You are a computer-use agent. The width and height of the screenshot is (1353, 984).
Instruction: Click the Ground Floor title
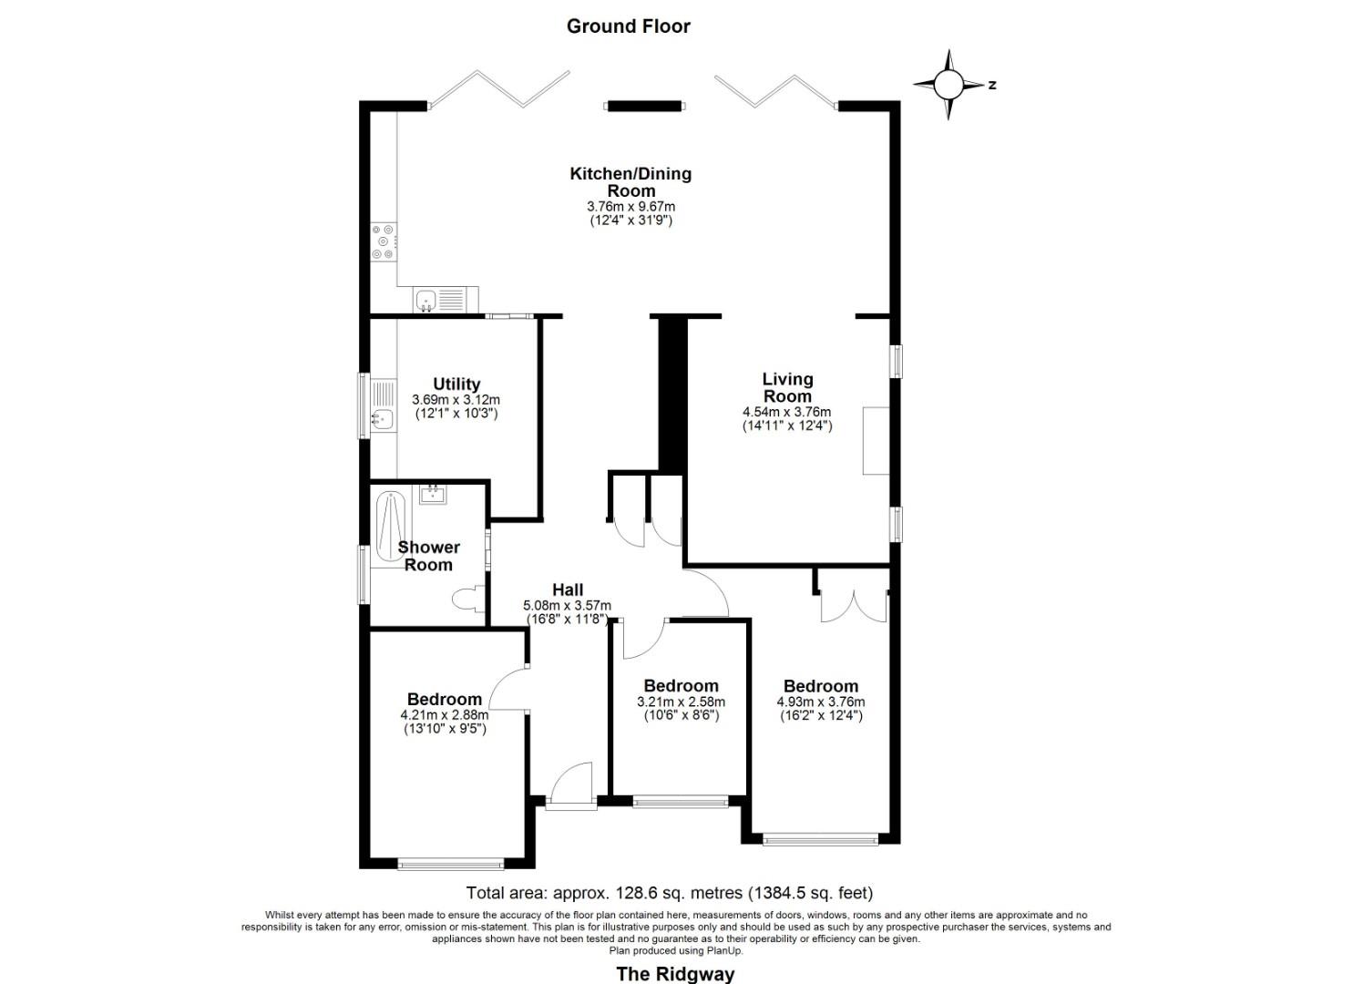coord(628,26)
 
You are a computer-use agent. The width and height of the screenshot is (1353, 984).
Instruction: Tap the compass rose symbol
coord(948,85)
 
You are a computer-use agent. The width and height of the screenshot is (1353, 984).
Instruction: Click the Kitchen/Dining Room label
coord(630,181)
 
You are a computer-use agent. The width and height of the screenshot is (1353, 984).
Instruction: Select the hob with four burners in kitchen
coord(384,242)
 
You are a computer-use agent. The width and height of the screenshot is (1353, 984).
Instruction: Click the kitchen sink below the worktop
coord(426,300)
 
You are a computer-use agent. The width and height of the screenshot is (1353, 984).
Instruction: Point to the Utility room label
coord(456,384)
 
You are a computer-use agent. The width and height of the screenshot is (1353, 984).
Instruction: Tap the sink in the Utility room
coord(381,420)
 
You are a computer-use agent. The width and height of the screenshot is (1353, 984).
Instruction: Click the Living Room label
coord(787,387)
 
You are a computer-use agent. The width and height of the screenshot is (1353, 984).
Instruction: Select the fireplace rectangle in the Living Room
coord(876,441)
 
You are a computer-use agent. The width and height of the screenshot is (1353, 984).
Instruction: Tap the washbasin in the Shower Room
coord(433,495)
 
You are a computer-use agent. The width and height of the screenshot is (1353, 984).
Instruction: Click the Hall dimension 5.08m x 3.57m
coord(567,606)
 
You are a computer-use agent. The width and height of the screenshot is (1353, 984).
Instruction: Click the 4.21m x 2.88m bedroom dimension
coord(444,715)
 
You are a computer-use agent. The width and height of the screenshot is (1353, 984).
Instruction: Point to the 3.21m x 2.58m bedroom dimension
coord(681,702)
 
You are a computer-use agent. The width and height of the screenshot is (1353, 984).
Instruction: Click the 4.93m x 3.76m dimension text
coord(820,702)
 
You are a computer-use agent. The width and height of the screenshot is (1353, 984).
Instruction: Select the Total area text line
coord(669,893)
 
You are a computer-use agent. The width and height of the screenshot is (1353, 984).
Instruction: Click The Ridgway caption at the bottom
coord(675,973)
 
